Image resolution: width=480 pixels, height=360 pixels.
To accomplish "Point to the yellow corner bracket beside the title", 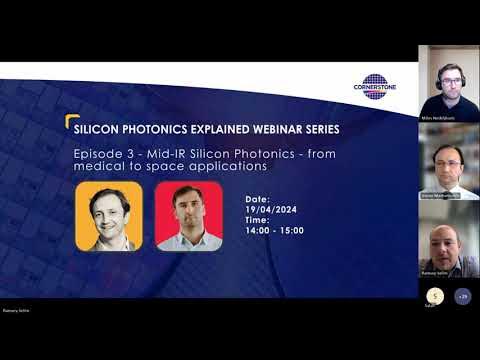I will pos(71,122).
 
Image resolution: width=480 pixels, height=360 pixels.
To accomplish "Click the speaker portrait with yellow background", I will pos(109,215).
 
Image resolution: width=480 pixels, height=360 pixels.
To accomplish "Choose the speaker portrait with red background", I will pos(188,215).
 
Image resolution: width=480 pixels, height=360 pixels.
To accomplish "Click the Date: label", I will pos(258,199).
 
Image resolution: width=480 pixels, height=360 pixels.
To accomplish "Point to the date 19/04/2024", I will pos(270,209).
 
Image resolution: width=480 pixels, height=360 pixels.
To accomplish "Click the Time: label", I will pos(258,220).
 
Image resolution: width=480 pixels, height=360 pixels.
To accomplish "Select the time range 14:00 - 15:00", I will pos(275,231).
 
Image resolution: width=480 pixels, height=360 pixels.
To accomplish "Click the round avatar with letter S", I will pos(434,296).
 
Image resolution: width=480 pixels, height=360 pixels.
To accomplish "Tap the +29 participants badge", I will pos(462,296).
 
